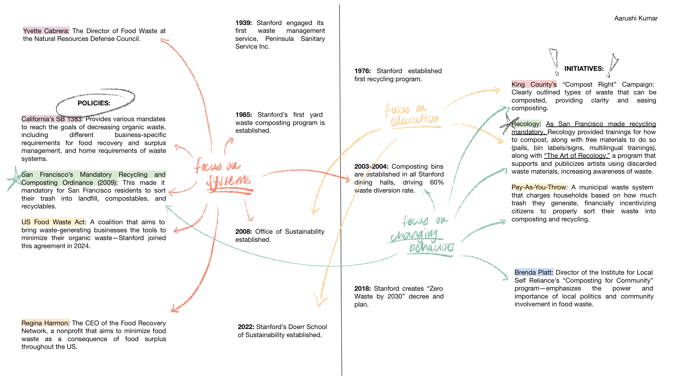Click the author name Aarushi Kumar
pos(636,18)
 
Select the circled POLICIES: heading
pos(94,103)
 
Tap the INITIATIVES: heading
pos(584,69)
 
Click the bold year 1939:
pos(243,23)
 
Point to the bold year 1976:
pos(362,71)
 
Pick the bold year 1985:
pos(243,115)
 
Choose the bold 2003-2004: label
pos(371,167)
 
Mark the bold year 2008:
pos(243,232)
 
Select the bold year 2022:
pos(246,327)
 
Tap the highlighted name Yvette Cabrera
pos(46,31)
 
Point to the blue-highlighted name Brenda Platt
pos(534,273)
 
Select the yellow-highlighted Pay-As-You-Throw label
pos(539,187)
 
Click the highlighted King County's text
pos(534,85)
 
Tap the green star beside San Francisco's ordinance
pos(14,178)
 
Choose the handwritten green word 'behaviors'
pos(431,247)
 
